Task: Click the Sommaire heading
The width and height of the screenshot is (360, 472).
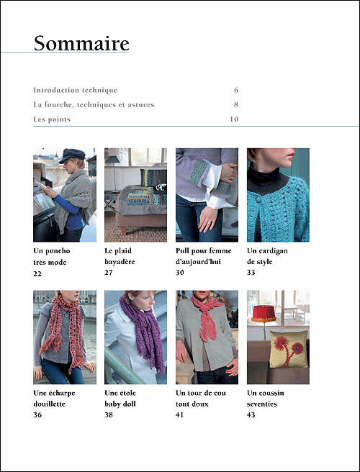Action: (81, 43)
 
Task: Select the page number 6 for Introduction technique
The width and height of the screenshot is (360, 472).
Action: (236, 90)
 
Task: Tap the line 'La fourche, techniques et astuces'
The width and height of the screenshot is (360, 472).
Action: (94, 105)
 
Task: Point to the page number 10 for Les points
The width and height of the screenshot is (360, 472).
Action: (234, 119)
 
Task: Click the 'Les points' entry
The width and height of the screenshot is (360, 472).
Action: (52, 119)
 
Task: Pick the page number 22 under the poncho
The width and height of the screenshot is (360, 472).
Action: (37, 273)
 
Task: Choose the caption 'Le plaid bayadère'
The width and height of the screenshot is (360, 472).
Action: (120, 256)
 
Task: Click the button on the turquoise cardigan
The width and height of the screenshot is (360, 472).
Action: (258, 199)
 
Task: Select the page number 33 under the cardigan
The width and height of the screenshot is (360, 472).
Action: (251, 273)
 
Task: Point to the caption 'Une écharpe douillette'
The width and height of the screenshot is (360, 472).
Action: (54, 399)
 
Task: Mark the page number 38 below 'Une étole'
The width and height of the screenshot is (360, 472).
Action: (109, 415)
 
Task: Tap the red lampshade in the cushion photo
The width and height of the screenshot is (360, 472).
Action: (264, 314)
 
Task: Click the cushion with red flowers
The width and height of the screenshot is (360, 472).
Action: (289, 349)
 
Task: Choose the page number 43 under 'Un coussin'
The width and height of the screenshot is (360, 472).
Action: (251, 415)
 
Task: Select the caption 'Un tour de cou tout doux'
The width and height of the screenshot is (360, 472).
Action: (201, 399)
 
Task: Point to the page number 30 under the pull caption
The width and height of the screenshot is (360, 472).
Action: (180, 273)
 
